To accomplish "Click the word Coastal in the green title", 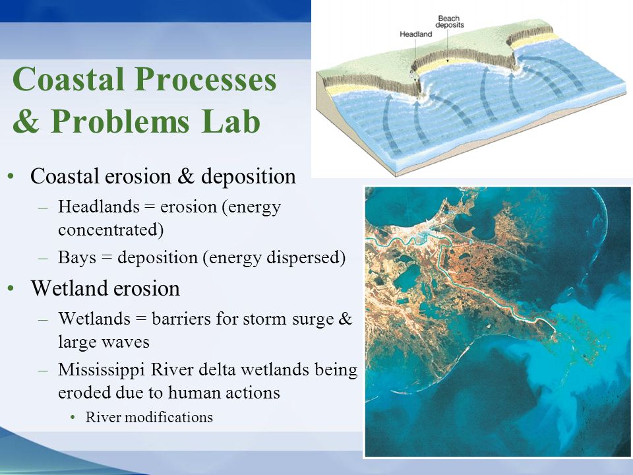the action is point(68,79).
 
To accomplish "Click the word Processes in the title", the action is point(206,79).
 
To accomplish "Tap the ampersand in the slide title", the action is point(26,121).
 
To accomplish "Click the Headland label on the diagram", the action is point(416,34).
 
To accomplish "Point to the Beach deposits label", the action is point(449,21).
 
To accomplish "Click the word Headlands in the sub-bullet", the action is point(99,206).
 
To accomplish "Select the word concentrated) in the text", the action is point(111,230).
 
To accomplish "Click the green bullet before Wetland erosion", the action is point(11,288).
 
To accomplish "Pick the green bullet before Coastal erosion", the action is point(11,176).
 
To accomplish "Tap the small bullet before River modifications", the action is point(73,417).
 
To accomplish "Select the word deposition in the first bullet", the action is point(249,177).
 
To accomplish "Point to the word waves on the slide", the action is point(125,342).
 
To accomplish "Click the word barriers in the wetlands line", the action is point(181,319).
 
